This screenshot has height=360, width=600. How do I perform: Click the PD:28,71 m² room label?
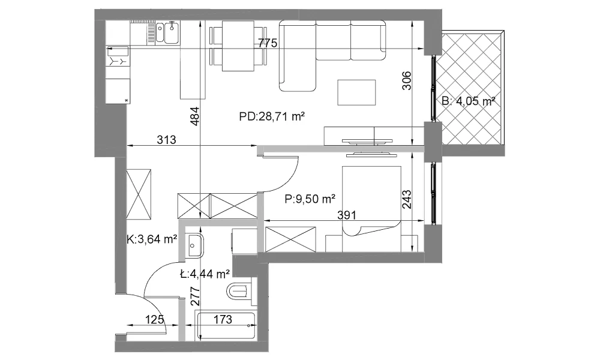(272, 116)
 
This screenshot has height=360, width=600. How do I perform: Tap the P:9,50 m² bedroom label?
(310, 199)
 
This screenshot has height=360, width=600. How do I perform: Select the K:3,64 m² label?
(152, 240)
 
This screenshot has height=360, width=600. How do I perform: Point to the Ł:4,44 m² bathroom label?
(205, 274)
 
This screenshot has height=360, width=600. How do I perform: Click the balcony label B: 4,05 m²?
(469, 101)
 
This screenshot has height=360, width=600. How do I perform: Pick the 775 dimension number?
(267, 43)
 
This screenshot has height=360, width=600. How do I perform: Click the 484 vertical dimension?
(195, 116)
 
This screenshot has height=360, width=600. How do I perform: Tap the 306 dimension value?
(407, 81)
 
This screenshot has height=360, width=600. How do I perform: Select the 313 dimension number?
(166, 140)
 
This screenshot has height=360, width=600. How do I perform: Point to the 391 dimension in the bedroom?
(347, 215)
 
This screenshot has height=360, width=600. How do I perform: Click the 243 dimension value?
(407, 199)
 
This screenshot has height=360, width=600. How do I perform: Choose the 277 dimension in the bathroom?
(195, 296)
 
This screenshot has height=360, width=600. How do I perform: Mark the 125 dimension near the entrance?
(155, 319)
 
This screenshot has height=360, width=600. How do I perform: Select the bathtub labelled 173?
(226, 326)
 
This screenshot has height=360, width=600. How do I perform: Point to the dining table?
(238, 46)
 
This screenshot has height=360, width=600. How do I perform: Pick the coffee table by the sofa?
(356, 92)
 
